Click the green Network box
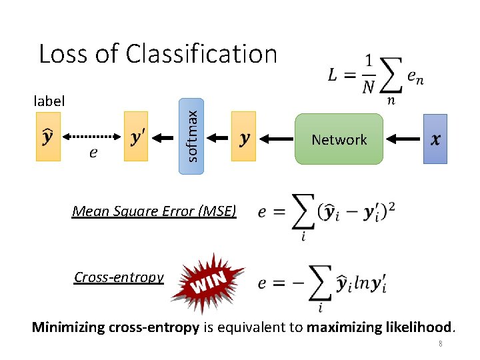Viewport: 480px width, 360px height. pyautogui.click(x=339, y=139)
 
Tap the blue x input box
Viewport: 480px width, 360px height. pyautogui.click(x=435, y=139)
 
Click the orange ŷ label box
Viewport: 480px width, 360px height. pyautogui.click(x=48, y=137)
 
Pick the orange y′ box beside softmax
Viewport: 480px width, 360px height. pyautogui.click(x=136, y=137)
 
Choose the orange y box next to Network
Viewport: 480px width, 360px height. pyautogui.click(x=243, y=137)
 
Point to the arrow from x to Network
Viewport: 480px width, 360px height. pyautogui.click(x=403, y=139)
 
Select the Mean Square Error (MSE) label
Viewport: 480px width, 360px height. pyautogui.click(x=154, y=211)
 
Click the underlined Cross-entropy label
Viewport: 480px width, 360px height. pyautogui.click(x=119, y=277)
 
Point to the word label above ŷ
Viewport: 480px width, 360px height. pyautogui.click(x=49, y=101)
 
